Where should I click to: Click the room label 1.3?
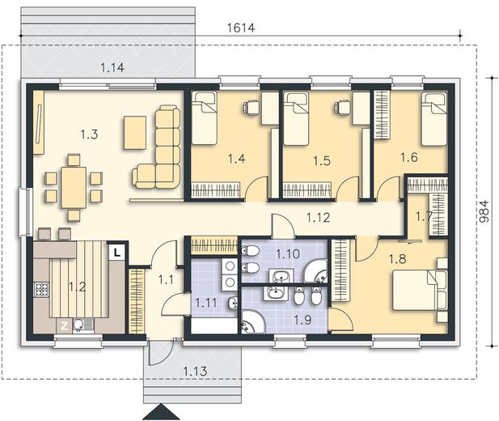[89, 135]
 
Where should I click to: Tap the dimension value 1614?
[240, 28]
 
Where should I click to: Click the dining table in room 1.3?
[74, 185]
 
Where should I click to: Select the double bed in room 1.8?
[419, 290]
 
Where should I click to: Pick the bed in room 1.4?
[204, 117]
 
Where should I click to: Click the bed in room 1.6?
[434, 118]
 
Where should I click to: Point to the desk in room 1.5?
[359, 112]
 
